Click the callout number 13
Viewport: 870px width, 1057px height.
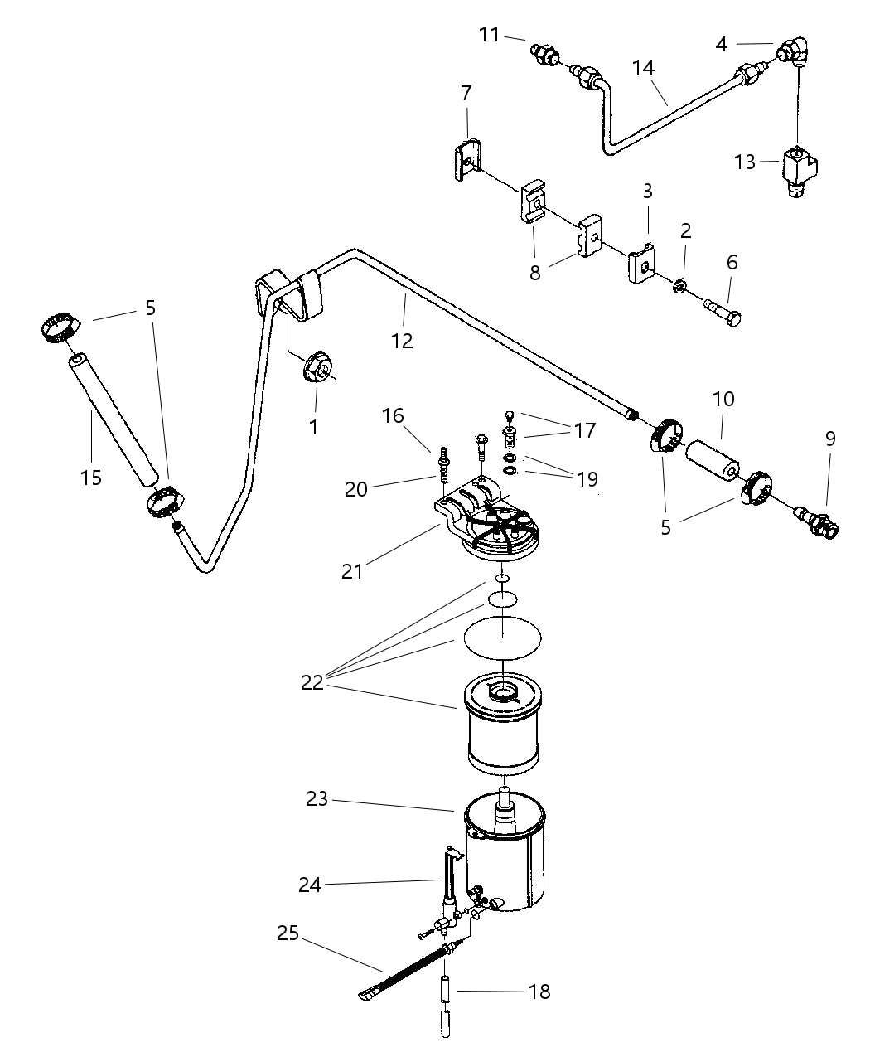(745, 162)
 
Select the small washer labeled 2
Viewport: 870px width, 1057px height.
(678, 286)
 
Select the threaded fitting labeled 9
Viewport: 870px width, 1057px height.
(816, 520)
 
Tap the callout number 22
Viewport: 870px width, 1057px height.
(312, 682)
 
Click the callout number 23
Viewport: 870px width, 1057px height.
(317, 799)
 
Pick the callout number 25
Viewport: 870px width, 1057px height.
(288, 934)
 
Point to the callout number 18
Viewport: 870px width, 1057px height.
(539, 991)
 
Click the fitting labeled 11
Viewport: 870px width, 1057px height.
(543, 56)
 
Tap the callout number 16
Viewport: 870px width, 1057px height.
(393, 415)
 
